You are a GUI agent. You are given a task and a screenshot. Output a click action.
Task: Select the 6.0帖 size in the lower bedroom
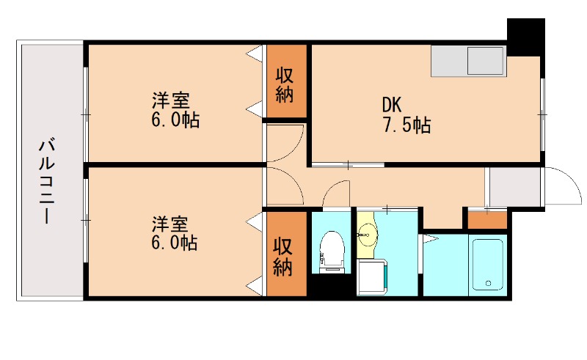[x=175, y=242]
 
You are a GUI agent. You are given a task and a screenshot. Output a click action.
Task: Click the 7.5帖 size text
[x=405, y=125]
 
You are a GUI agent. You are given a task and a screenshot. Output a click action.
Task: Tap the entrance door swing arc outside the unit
[x=561, y=185]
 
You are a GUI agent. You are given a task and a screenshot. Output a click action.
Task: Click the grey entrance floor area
[x=514, y=187]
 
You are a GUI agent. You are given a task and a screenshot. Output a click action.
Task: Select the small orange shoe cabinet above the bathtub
[x=487, y=219]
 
